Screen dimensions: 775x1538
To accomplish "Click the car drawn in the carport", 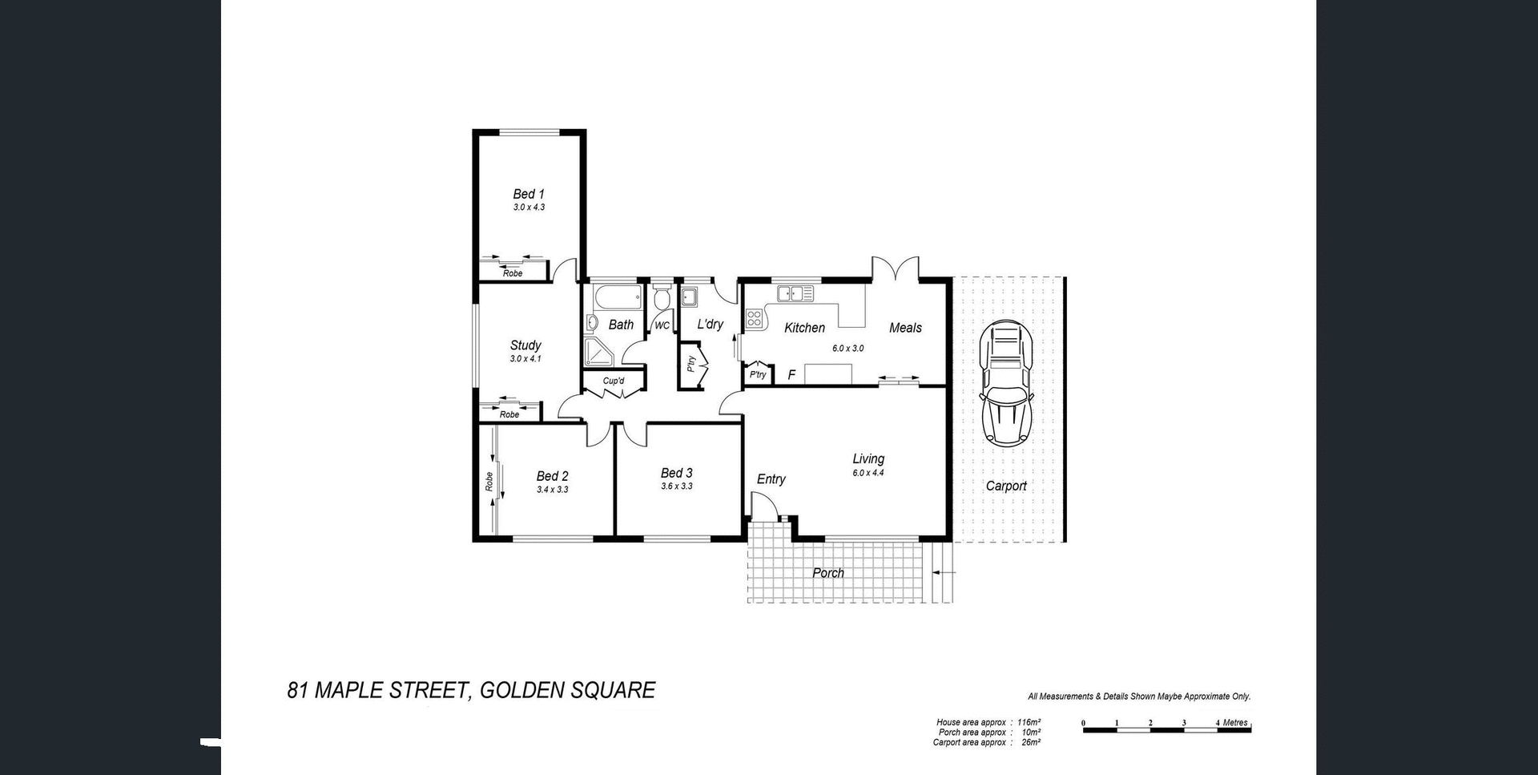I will [1006, 383].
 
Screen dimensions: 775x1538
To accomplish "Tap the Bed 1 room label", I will [529, 194].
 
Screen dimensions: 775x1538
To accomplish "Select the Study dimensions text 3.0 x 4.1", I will [525, 359].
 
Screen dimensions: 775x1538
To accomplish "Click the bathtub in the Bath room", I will [617, 299].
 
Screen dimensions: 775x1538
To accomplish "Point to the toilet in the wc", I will [662, 298].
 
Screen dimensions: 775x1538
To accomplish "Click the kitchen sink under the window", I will [795, 293].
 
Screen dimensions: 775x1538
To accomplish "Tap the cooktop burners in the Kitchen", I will [754, 318].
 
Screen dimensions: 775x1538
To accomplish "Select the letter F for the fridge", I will [791, 375].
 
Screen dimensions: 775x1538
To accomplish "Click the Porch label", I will [828, 573].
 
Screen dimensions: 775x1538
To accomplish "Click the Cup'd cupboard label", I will [614, 381].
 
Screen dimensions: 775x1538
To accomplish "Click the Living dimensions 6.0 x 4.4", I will [868, 473].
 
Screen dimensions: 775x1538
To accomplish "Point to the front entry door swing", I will [763, 505].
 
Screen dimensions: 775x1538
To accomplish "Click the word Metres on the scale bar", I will [1235, 723].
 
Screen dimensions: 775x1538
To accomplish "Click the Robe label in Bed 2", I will [489, 481].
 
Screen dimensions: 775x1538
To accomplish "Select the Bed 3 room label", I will [676, 473].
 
